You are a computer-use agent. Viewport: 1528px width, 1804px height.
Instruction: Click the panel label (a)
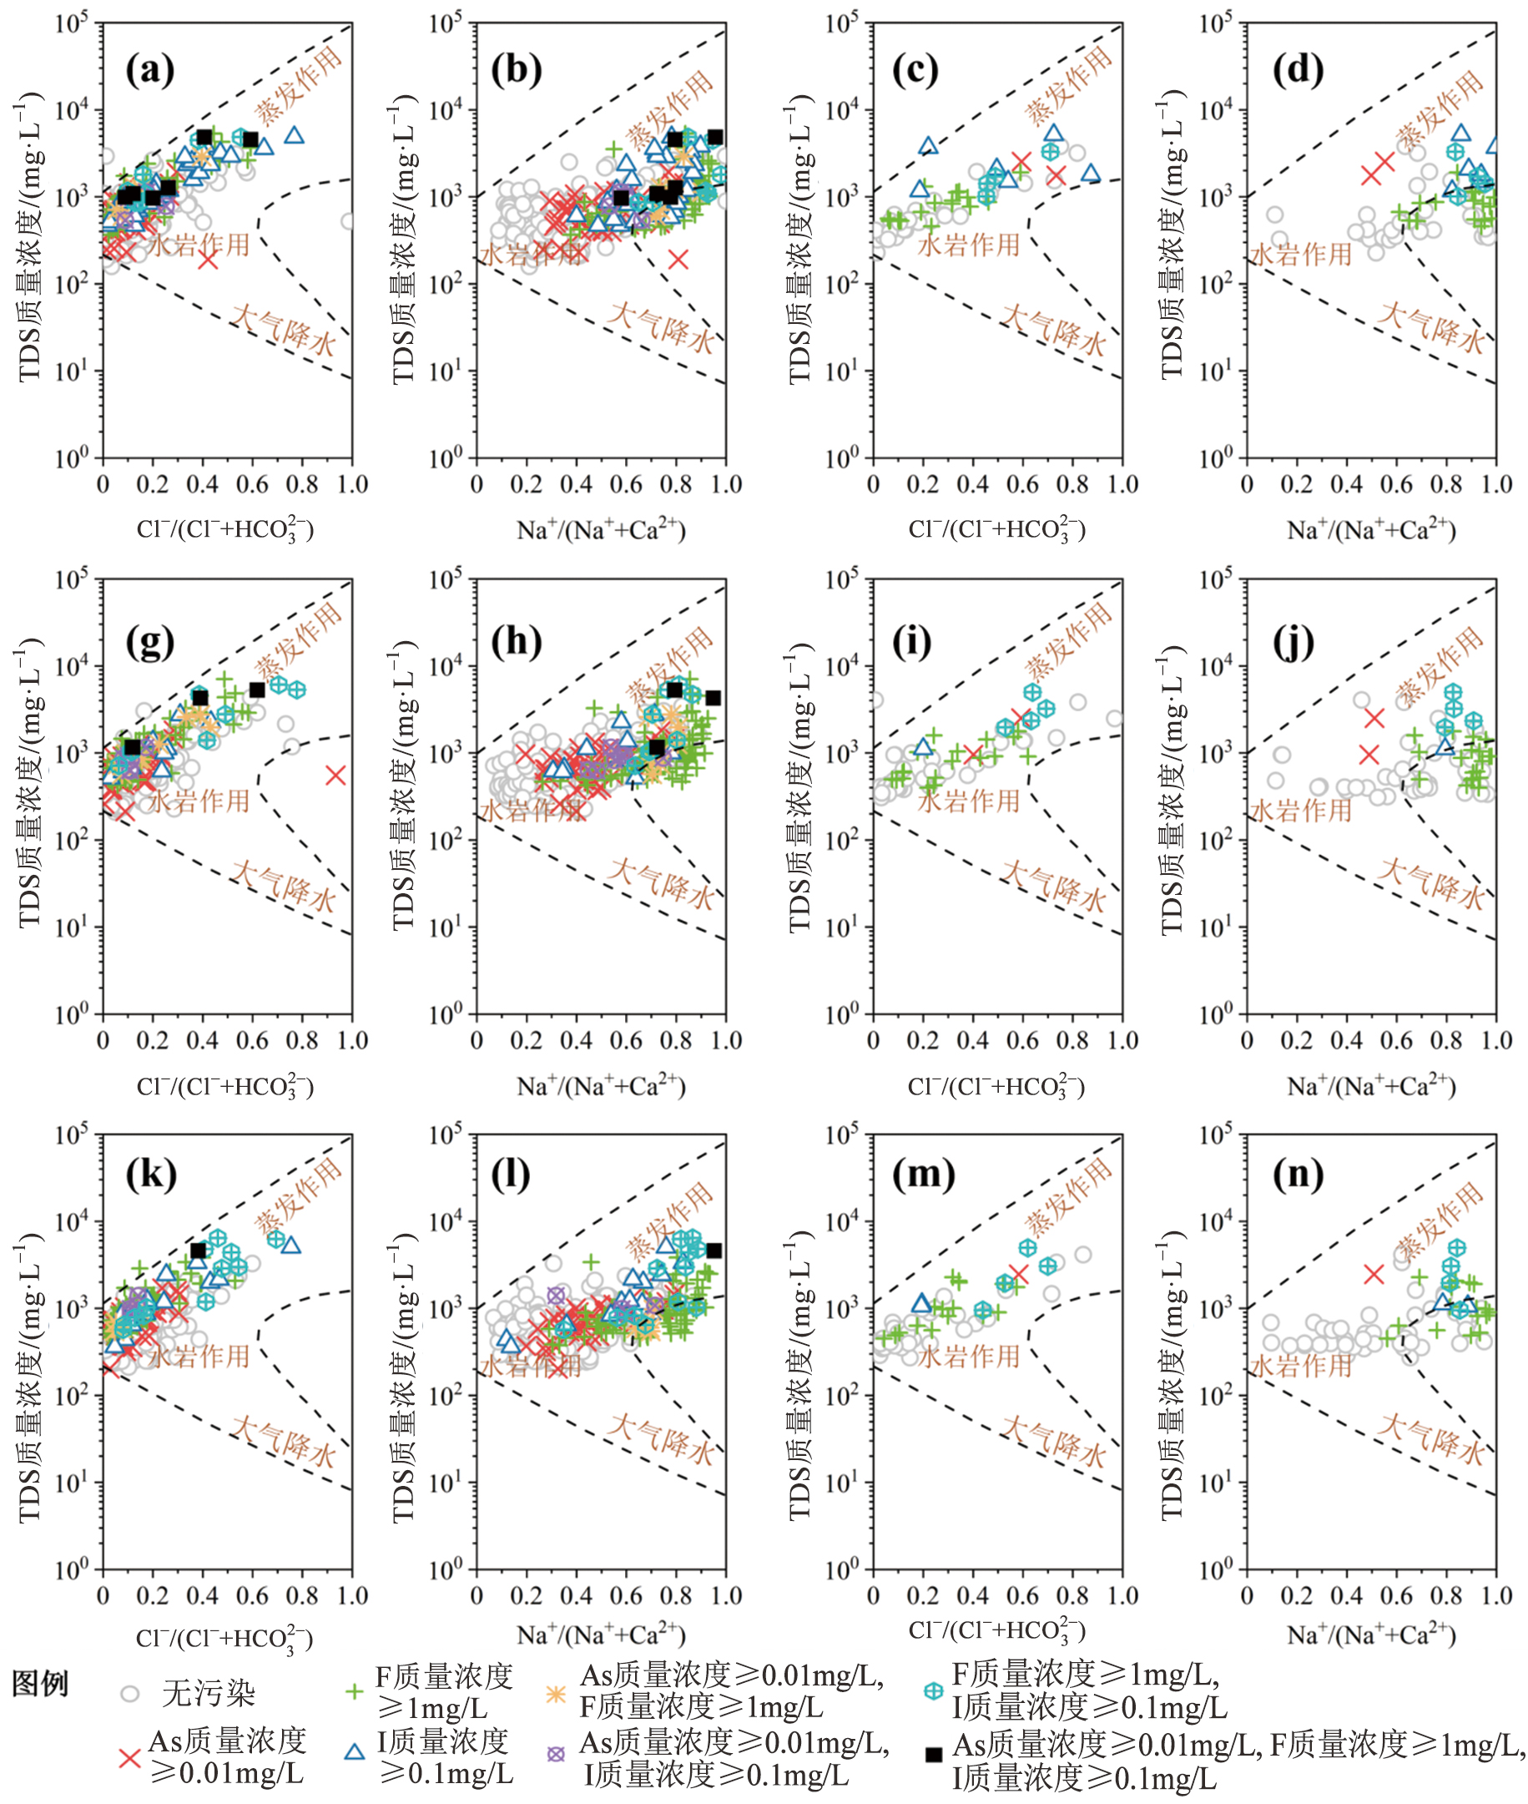[x=150, y=69]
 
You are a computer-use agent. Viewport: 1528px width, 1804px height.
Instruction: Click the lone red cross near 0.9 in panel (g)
[x=336, y=775]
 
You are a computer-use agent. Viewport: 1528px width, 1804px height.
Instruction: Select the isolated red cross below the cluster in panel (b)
[x=678, y=259]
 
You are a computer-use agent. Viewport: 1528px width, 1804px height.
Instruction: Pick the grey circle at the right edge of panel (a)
[x=348, y=222]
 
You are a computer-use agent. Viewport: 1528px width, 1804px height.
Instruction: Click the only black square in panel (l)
[x=714, y=1251]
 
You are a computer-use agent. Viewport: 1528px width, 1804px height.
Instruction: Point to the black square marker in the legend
[x=934, y=1755]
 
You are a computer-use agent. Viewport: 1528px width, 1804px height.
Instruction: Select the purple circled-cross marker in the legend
[x=555, y=1754]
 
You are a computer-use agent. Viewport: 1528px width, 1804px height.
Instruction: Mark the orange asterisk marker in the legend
[x=555, y=1692]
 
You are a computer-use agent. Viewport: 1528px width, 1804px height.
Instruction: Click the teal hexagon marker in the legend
[x=933, y=1690]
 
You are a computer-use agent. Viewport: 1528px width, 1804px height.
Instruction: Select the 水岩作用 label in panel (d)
[x=1300, y=255]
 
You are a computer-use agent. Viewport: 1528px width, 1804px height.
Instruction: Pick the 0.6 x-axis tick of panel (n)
[x=1396, y=1596]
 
